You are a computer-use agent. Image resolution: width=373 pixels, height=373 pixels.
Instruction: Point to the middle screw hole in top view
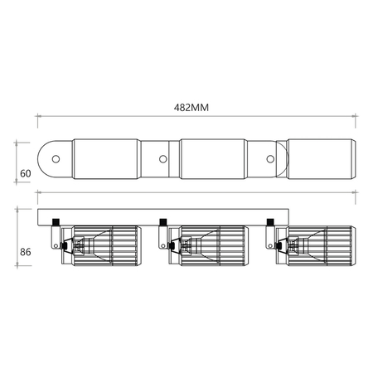(162, 159)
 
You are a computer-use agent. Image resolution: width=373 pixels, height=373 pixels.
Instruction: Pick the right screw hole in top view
(271, 159)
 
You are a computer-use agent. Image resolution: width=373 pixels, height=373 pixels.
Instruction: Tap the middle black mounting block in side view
(162, 220)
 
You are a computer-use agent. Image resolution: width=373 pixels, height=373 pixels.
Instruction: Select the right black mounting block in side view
(271, 220)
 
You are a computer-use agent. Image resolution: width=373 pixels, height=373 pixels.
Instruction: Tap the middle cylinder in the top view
(214, 159)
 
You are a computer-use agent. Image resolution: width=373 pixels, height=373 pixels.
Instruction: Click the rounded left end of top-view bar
(45, 159)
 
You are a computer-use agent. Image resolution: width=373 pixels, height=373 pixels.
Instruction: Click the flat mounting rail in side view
(166, 213)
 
